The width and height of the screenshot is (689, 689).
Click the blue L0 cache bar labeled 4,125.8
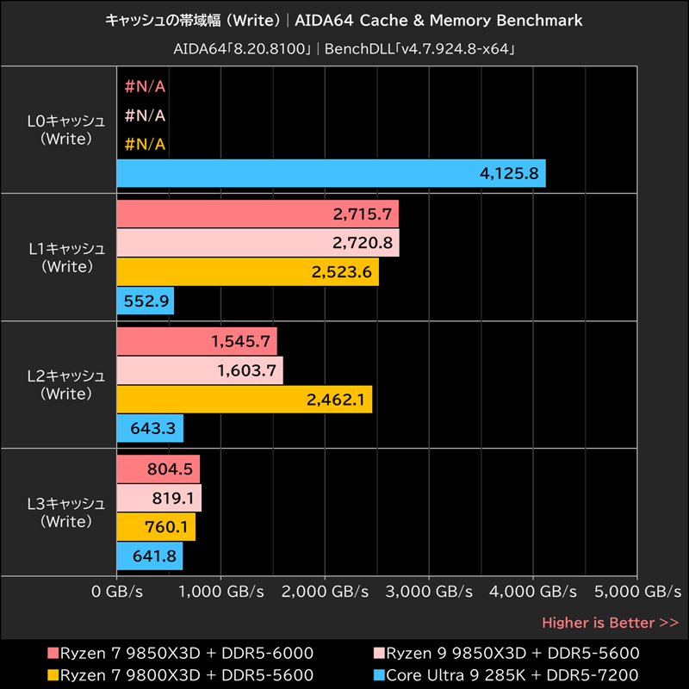coord(331,173)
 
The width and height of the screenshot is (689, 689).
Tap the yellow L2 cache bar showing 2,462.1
coord(244,399)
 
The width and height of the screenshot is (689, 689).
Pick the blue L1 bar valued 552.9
coord(145,301)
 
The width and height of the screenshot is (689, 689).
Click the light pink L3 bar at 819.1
coord(158,498)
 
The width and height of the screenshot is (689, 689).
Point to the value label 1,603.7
coord(249,370)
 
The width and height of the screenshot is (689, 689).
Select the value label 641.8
coord(155,556)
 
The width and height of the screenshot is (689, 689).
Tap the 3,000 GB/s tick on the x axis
coord(429,592)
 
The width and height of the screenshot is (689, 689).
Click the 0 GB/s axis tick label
coord(116,592)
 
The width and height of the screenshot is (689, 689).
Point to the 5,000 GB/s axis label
coord(637,592)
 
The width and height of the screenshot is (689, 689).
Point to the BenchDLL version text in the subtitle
coord(421,49)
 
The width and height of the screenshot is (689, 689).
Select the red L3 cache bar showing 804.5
coord(158,469)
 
